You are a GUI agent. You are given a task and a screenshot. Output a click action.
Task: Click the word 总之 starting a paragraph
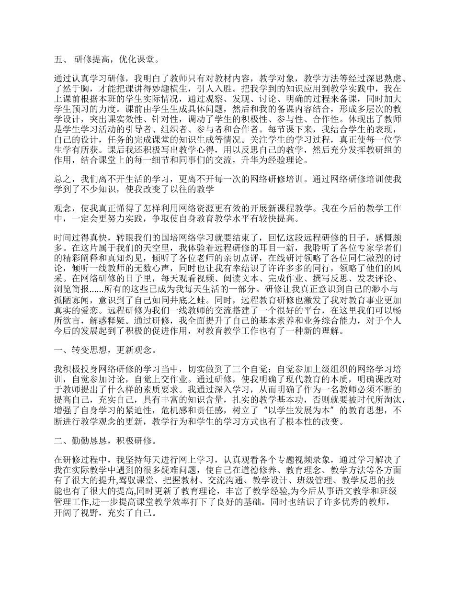coord(62,179)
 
